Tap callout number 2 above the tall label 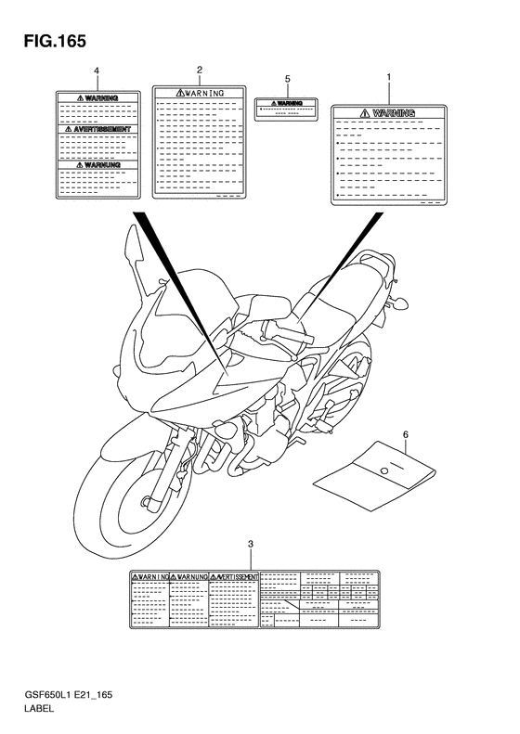(x=200, y=70)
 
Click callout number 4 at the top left (x=97, y=71)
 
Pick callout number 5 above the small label (x=288, y=80)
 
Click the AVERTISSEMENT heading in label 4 (x=97, y=129)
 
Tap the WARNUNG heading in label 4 (x=97, y=164)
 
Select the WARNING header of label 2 (x=200, y=93)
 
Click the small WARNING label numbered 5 (x=288, y=109)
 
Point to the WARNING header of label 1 (x=388, y=113)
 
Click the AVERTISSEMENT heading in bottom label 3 (x=235, y=576)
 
